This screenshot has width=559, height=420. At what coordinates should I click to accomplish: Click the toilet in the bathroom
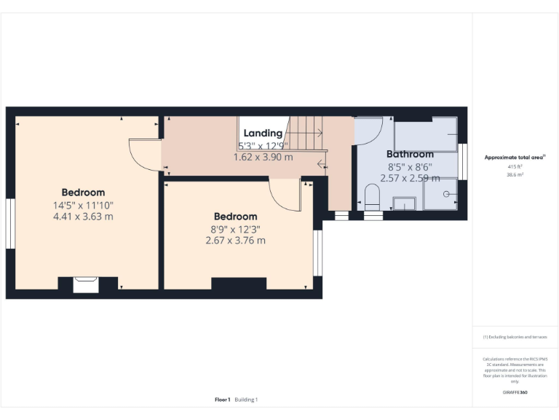372,196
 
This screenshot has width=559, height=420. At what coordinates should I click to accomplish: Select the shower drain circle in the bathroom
446,195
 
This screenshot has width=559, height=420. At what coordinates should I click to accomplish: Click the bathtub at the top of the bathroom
425,136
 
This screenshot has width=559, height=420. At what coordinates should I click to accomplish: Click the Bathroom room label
410,154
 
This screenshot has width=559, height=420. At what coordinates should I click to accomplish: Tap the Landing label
263,133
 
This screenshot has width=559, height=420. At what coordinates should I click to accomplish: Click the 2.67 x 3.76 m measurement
235,240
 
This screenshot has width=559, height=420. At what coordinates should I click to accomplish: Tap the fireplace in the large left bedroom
86,284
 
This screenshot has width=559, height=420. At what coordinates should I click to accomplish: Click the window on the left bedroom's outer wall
10,224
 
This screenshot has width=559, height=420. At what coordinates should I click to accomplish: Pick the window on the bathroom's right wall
462,161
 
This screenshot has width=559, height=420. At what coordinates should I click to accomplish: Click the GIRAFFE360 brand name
515,392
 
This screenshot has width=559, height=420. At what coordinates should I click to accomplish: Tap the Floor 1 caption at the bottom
223,400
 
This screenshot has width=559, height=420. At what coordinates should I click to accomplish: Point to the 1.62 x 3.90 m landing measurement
263,157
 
